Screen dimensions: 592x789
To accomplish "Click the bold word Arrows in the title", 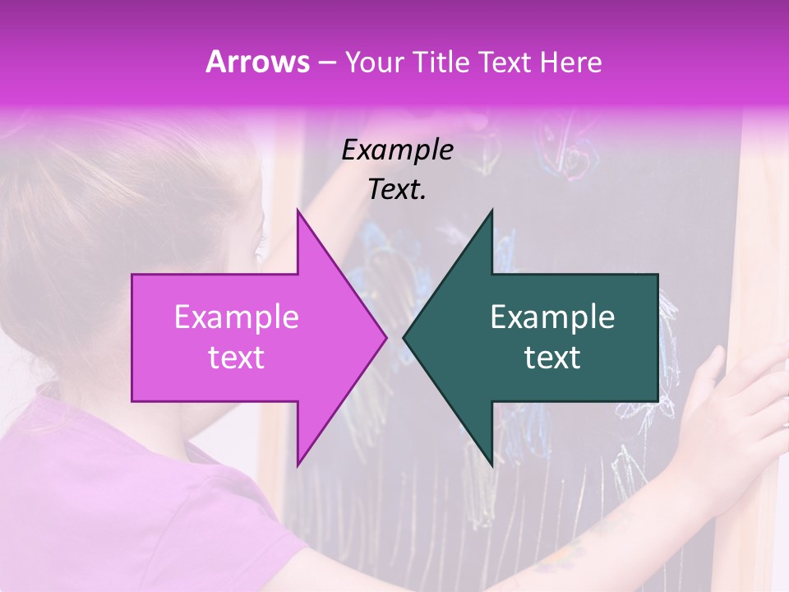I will point(257,62).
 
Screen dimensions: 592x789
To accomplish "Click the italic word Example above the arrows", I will point(397,150).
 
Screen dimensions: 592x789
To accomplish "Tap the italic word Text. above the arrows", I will point(397,190).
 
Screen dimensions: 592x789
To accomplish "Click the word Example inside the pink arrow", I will point(237,317).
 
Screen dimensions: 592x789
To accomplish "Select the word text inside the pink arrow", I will point(237,358).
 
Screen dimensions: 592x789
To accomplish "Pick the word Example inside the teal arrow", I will point(552,317).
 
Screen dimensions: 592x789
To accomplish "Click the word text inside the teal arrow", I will point(552,358).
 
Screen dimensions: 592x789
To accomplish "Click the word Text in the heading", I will point(505,62).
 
